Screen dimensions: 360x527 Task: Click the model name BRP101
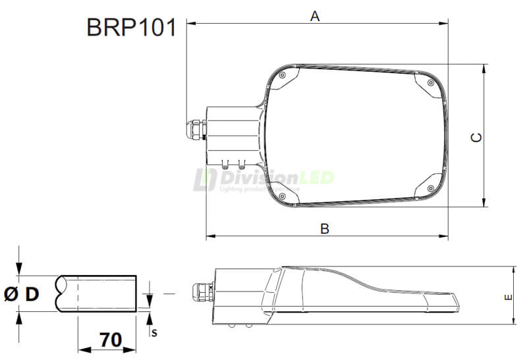131,28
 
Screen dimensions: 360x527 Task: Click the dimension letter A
315,16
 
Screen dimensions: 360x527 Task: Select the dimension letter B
324,229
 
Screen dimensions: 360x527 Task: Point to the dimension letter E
508,297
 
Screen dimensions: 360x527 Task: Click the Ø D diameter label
21,294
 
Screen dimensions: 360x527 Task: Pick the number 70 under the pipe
111,340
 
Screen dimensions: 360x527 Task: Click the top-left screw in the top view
282,76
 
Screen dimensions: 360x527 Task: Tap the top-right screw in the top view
430,84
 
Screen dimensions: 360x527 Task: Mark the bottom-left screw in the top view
282,195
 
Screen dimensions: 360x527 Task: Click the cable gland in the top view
196,129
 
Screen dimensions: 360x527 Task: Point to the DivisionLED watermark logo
263,178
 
